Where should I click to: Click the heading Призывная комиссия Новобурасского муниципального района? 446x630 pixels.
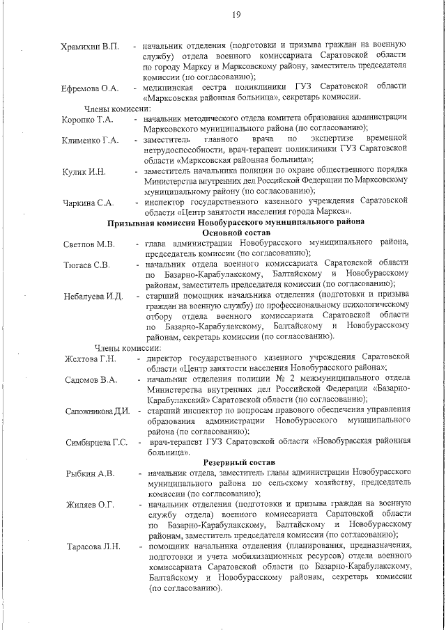coord(236,222)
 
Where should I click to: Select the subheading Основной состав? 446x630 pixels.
coord(236,233)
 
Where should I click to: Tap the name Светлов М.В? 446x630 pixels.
coord(89,244)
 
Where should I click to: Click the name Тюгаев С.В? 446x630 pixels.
coord(86,265)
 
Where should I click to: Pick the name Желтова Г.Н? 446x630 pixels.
coord(90,359)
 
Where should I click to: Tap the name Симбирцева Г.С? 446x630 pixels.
coord(96,443)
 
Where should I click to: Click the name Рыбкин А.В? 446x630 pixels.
coord(90,474)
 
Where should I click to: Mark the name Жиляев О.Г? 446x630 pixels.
coord(90,505)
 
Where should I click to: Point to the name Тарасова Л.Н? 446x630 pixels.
coord(93,547)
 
